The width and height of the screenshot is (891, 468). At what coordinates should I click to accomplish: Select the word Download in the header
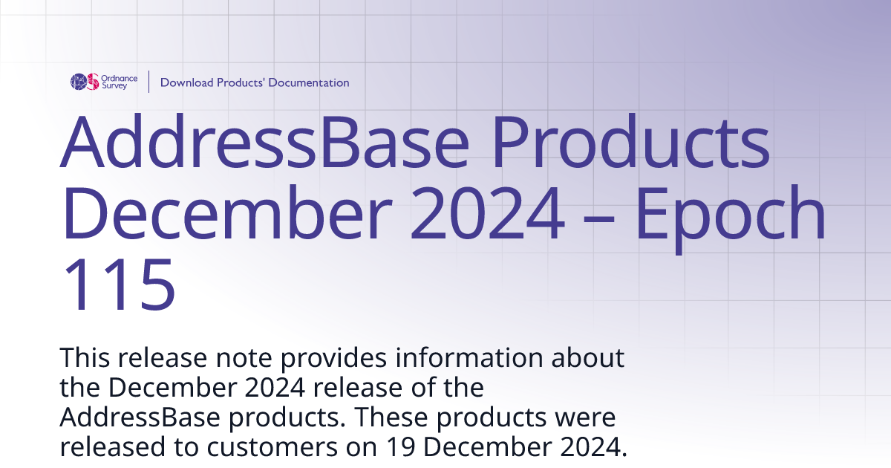click(x=186, y=82)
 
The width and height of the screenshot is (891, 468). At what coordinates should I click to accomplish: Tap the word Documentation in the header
click(x=308, y=82)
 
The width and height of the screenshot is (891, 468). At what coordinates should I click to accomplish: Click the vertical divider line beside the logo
click(x=149, y=82)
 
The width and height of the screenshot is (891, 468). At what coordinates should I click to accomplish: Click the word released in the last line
click(x=108, y=447)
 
